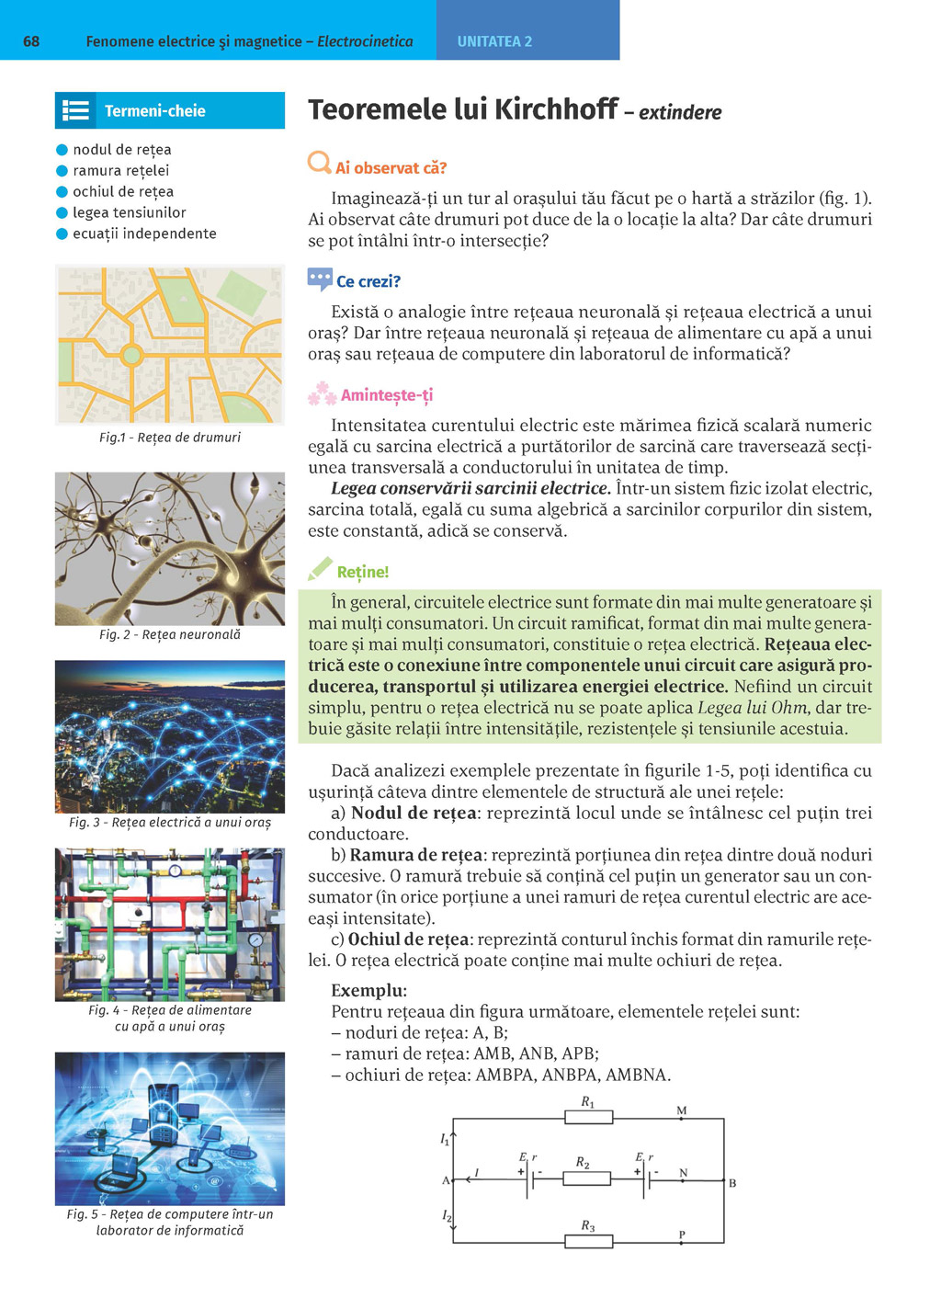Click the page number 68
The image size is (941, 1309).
[31, 41]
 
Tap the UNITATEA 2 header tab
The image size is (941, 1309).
[494, 41]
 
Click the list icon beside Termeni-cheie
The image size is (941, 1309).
[75, 111]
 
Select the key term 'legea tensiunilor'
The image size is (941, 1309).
[129, 212]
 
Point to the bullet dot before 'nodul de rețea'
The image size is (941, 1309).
[62, 150]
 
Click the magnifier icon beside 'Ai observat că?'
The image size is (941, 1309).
[319, 163]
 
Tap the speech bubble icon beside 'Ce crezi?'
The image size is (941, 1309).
[320, 279]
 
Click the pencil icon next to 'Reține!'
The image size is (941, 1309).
[320, 569]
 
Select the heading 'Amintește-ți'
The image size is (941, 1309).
[386, 395]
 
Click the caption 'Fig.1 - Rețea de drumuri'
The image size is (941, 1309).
[170, 438]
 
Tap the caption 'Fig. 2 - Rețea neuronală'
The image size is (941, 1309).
[170, 634]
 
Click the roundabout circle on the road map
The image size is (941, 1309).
[131, 355]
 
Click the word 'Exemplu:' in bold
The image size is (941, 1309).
[368, 990]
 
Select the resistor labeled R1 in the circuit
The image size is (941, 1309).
[588, 1118]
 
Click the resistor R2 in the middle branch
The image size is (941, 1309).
[585, 1178]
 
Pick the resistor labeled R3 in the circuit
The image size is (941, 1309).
[588, 1242]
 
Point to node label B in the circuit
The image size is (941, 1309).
[732, 1183]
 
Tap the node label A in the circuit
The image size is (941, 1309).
[447, 1180]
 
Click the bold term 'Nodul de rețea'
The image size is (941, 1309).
[414, 813]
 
